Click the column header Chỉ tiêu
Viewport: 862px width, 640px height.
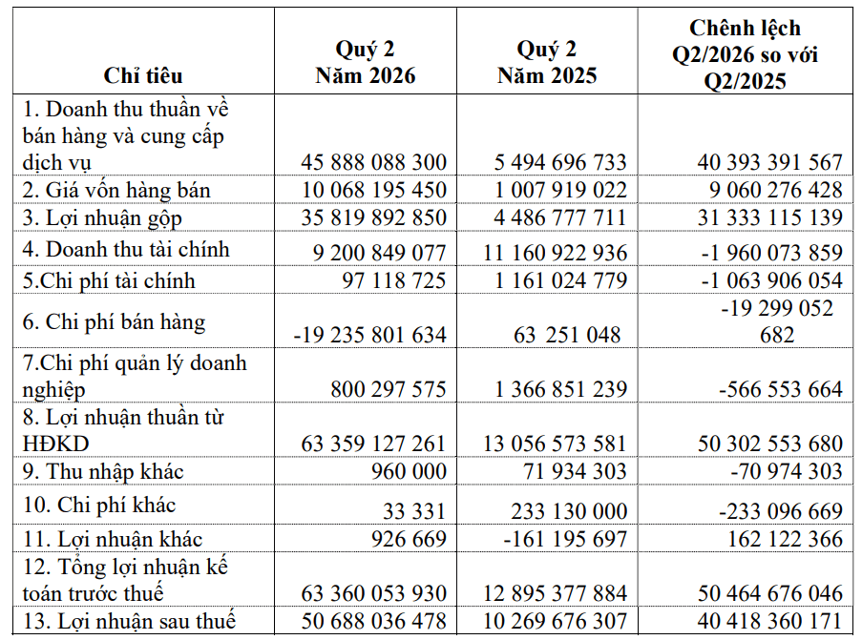pyautogui.click(x=143, y=75)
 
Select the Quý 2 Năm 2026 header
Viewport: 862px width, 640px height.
pyautogui.click(x=366, y=63)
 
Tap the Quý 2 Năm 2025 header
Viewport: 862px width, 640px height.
pyautogui.click(x=547, y=63)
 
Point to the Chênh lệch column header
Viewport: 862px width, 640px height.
pyautogui.click(x=746, y=54)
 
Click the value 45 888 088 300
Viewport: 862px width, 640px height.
pyautogui.click(x=374, y=162)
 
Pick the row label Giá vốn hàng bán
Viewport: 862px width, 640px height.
pyautogui.click(x=116, y=190)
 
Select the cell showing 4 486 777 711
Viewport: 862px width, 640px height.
pyautogui.click(x=560, y=217)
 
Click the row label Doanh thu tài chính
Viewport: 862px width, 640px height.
pyautogui.click(x=126, y=249)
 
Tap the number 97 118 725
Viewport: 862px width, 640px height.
pyautogui.click(x=393, y=280)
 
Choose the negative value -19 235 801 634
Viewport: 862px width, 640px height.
pyautogui.click(x=370, y=335)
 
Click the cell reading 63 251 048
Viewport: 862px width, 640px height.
pyautogui.click(x=567, y=335)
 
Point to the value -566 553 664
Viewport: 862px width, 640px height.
pyautogui.click(x=781, y=389)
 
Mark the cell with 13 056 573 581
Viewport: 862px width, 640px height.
pyautogui.click(x=555, y=444)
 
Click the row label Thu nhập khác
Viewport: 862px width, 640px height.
pyautogui.click(x=103, y=471)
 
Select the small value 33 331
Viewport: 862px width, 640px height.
pyautogui.click(x=414, y=511)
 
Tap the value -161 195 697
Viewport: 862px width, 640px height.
pyautogui.click(x=565, y=539)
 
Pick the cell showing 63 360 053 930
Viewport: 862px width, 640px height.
pyautogui.click(x=374, y=593)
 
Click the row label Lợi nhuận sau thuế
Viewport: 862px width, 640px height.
pyautogui.click(x=129, y=621)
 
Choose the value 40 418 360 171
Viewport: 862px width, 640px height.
pyautogui.click(x=769, y=621)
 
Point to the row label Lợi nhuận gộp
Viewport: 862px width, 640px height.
pyautogui.click(x=102, y=218)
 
